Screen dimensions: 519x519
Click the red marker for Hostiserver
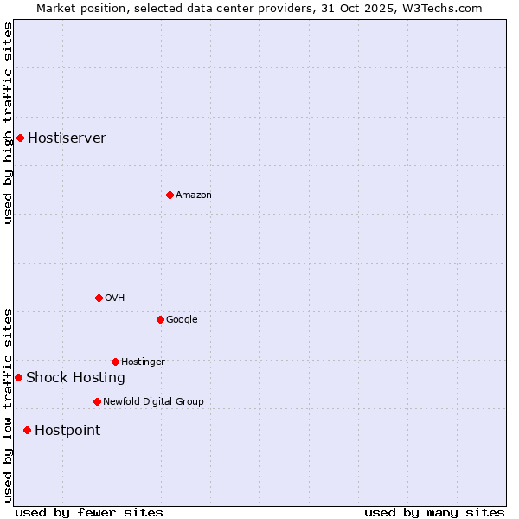coord(20,138)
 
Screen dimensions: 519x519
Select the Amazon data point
coord(170,195)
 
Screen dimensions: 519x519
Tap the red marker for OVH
coord(99,298)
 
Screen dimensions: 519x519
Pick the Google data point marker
coord(160,319)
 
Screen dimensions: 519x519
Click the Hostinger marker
coord(115,362)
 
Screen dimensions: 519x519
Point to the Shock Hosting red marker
coord(18,377)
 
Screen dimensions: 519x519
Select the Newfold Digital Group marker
coord(97,401)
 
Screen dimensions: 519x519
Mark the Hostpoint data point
coord(27,430)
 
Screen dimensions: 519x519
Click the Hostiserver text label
coord(67,138)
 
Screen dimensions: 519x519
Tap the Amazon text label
coord(194,195)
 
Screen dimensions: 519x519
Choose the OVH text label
coord(115,298)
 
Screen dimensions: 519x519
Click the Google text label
coord(182,320)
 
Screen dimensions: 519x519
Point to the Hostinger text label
coord(143,362)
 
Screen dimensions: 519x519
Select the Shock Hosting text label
coord(75,378)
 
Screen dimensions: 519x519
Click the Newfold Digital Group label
coord(153,402)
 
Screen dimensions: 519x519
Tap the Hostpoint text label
coord(67,431)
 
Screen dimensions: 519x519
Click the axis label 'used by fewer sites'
coord(89,512)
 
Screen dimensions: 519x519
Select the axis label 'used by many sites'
coord(434,512)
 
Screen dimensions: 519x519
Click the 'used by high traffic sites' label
coord(8,124)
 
